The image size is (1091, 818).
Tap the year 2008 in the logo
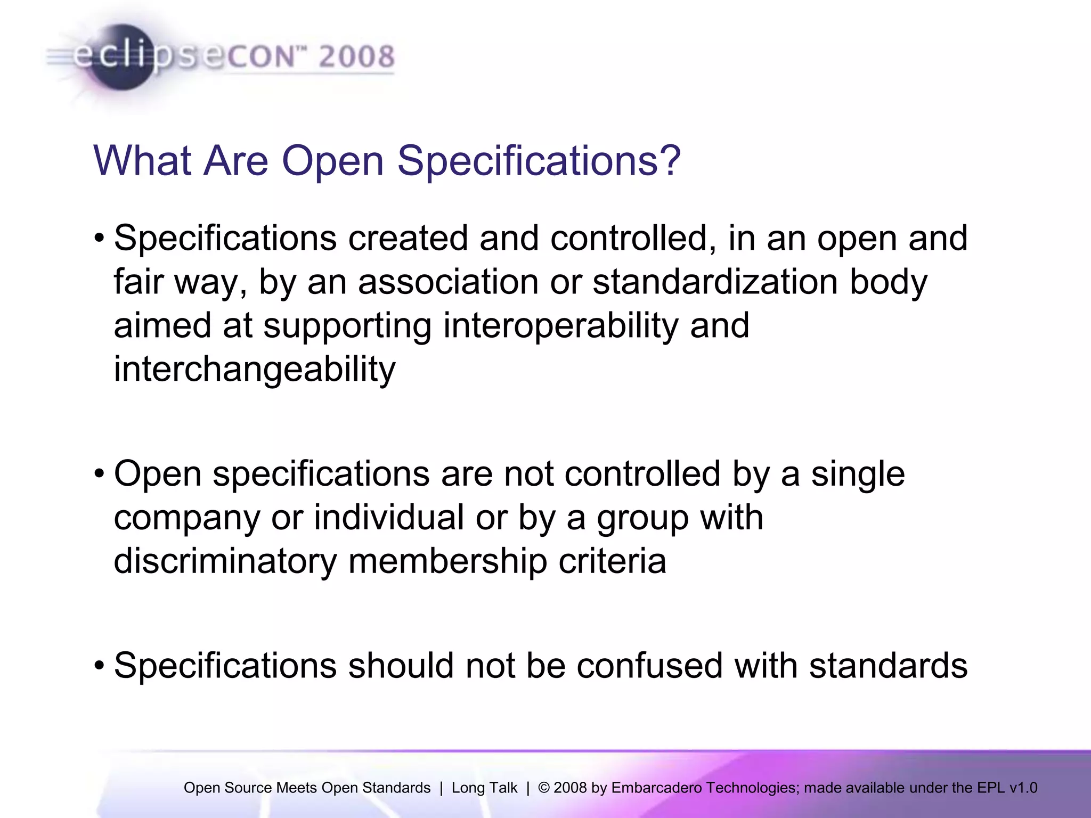(356, 56)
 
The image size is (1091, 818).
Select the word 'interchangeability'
(255, 369)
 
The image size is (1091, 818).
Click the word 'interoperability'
(560, 325)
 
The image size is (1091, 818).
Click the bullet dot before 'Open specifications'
(100, 473)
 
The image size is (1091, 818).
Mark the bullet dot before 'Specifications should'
(100, 666)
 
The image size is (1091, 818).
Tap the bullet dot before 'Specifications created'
(100, 238)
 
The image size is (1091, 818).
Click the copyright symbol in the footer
(544, 788)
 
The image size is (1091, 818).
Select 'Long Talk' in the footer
(484, 788)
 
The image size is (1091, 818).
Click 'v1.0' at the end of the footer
(1023, 788)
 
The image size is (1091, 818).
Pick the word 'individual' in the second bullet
(388, 517)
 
